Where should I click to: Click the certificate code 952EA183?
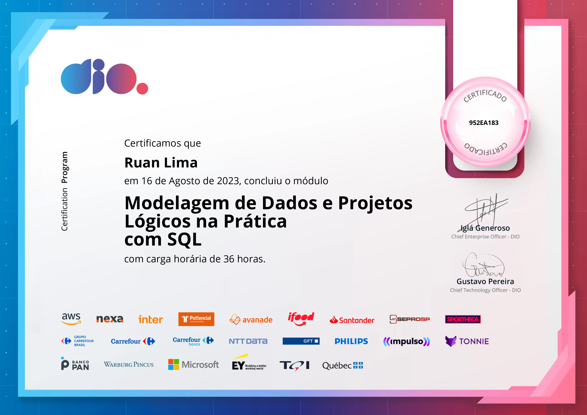tap(484, 123)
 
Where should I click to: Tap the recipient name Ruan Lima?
tap(161, 163)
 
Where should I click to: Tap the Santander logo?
tap(352, 320)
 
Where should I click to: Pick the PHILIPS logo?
tap(351, 341)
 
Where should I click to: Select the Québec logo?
tap(343, 366)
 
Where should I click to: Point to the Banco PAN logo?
tap(75, 364)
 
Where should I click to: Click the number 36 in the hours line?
tap(229, 259)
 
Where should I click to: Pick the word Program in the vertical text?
tap(64, 167)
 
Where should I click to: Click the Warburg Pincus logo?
tap(129, 364)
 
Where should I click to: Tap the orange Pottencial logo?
tap(196, 319)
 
